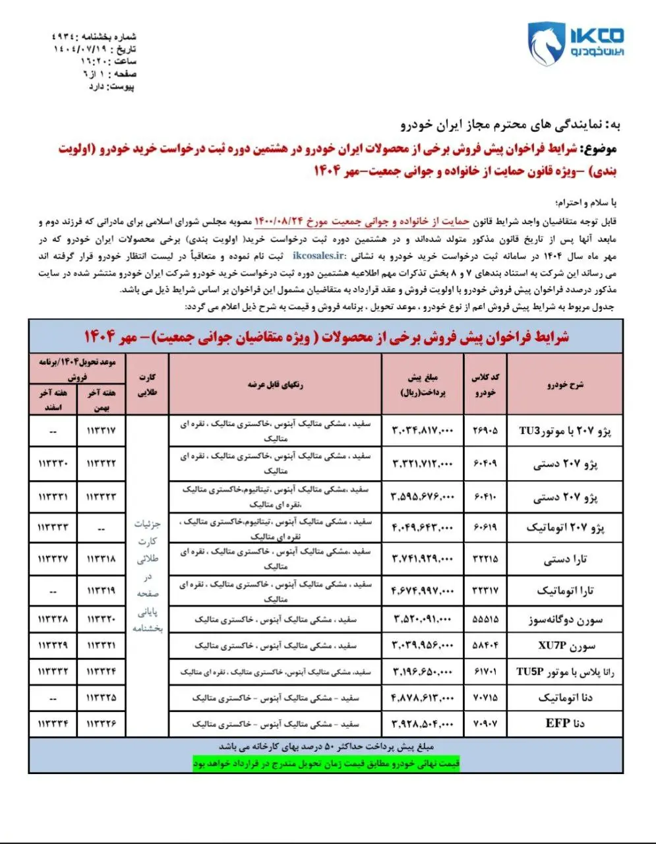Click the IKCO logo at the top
pyautogui.click(x=575, y=42)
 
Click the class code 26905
pyautogui.click(x=486, y=431)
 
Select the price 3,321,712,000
pyautogui.click(x=423, y=464)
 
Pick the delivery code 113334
pyautogui.click(x=53, y=723)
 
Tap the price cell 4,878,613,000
pyautogui.click(x=423, y=697)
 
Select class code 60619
pyautogui.click(x=486, y=527)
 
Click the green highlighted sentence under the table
pyautogui.click(x=326, y=764)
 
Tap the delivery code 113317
pyautogui.click(x=101, y=431)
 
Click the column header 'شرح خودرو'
pyautogui.click(x=565, y=385)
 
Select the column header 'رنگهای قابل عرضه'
pyautogui.click(x=275, y=385)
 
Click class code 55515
pyautogui.click(x=486, y=620)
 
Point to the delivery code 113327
pyautogui.click(x=53, y=559)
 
